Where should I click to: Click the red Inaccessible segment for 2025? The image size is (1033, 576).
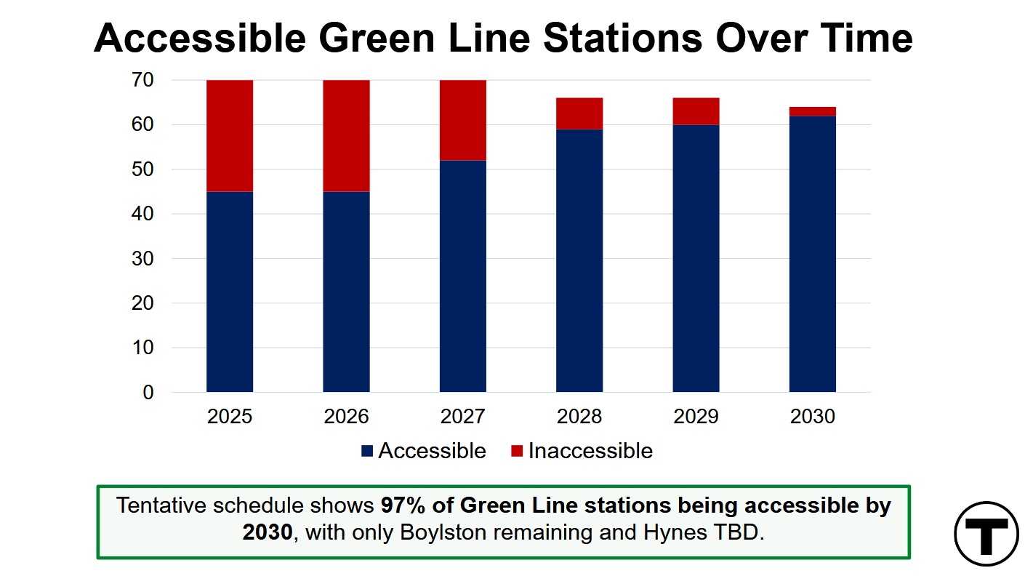tap(230, 136)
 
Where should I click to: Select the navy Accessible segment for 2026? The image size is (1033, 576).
tap(346, 292)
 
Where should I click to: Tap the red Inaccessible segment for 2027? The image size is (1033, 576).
tap(462, 120)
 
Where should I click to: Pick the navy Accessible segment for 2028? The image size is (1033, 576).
tap(579, 260)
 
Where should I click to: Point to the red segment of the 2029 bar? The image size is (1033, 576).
tap(696, 111)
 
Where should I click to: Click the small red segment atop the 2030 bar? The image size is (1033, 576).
tap(812, 111)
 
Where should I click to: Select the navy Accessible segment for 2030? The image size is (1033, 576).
tap(812, 254)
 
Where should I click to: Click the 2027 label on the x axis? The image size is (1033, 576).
tap(462, 417)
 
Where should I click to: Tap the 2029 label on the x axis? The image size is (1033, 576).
tap(696, 417)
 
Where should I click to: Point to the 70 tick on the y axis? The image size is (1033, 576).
tap(142, 80)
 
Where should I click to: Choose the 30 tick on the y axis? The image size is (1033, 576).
tap(142, 259)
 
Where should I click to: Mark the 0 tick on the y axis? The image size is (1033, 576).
tap(148, 393)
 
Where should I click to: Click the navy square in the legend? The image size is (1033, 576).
tap(367, 452)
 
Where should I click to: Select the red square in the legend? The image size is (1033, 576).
tap(517, 452)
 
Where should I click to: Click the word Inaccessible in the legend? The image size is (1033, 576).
tap(590, 451)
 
